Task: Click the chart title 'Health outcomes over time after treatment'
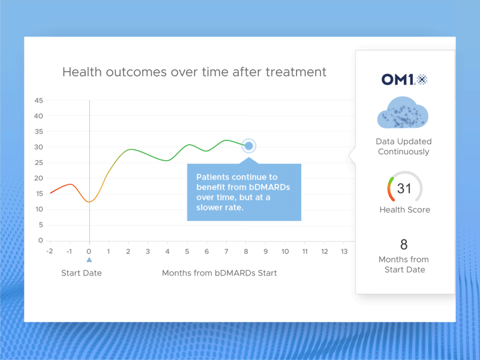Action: pos(194,72)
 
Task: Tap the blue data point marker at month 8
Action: pos(249,146)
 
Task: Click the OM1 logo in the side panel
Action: pos(404,79)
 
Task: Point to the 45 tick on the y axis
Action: pos(38,100)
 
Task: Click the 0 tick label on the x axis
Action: pos(89,251)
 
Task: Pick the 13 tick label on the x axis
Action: pos(344,251)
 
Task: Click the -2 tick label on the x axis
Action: pos(50,251)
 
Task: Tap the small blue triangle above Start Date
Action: pos(89,260)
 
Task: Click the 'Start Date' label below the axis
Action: pos(82,273)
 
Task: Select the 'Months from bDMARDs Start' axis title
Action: pos(219,273)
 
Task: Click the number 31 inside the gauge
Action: pos(404,189)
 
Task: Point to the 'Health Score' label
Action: pos(404,210)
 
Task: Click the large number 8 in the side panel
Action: pos(404,244)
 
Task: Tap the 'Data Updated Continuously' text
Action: pos(404,146)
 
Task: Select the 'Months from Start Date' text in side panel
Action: pos(404,265)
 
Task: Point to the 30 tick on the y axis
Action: pos(38,147)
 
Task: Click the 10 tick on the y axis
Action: pos(38,209)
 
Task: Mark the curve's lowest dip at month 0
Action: pos(89,202)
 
